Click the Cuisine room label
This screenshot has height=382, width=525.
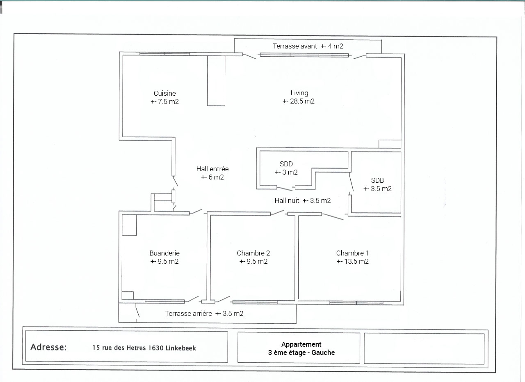[x=164, y=93]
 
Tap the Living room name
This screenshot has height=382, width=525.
[x=299, y=93]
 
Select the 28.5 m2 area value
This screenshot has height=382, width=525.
[x=302, y=101]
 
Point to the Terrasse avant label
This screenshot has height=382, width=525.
[x=295, y=46]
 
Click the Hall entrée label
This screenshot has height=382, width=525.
[x=212, y=169]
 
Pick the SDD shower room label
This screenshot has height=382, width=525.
[x=286, y=164]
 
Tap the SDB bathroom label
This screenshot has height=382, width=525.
[x=377, y=180]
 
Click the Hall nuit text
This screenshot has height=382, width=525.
[x=287, y=200]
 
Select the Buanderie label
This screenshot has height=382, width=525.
[x=164, y=253]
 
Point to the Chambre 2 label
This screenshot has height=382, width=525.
[x=253, y=253]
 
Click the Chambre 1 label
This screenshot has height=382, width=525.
[x=352, y=253]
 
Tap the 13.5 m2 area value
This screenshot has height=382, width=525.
[x=356, y=261]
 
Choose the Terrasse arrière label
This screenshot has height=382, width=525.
[x=188, y=314]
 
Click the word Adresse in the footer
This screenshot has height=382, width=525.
[x=48, y=347]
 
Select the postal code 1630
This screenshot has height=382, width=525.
[x=155, y=348]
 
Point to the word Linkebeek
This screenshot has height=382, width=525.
[x=181, y=348]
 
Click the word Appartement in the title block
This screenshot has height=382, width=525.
[x=301, y=345]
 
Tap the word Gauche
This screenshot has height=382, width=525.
[x=323, y=353]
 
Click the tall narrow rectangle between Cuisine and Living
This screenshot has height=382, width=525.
[x=216, y=81]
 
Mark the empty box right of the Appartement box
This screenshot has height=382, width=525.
[x=424, y=349]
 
